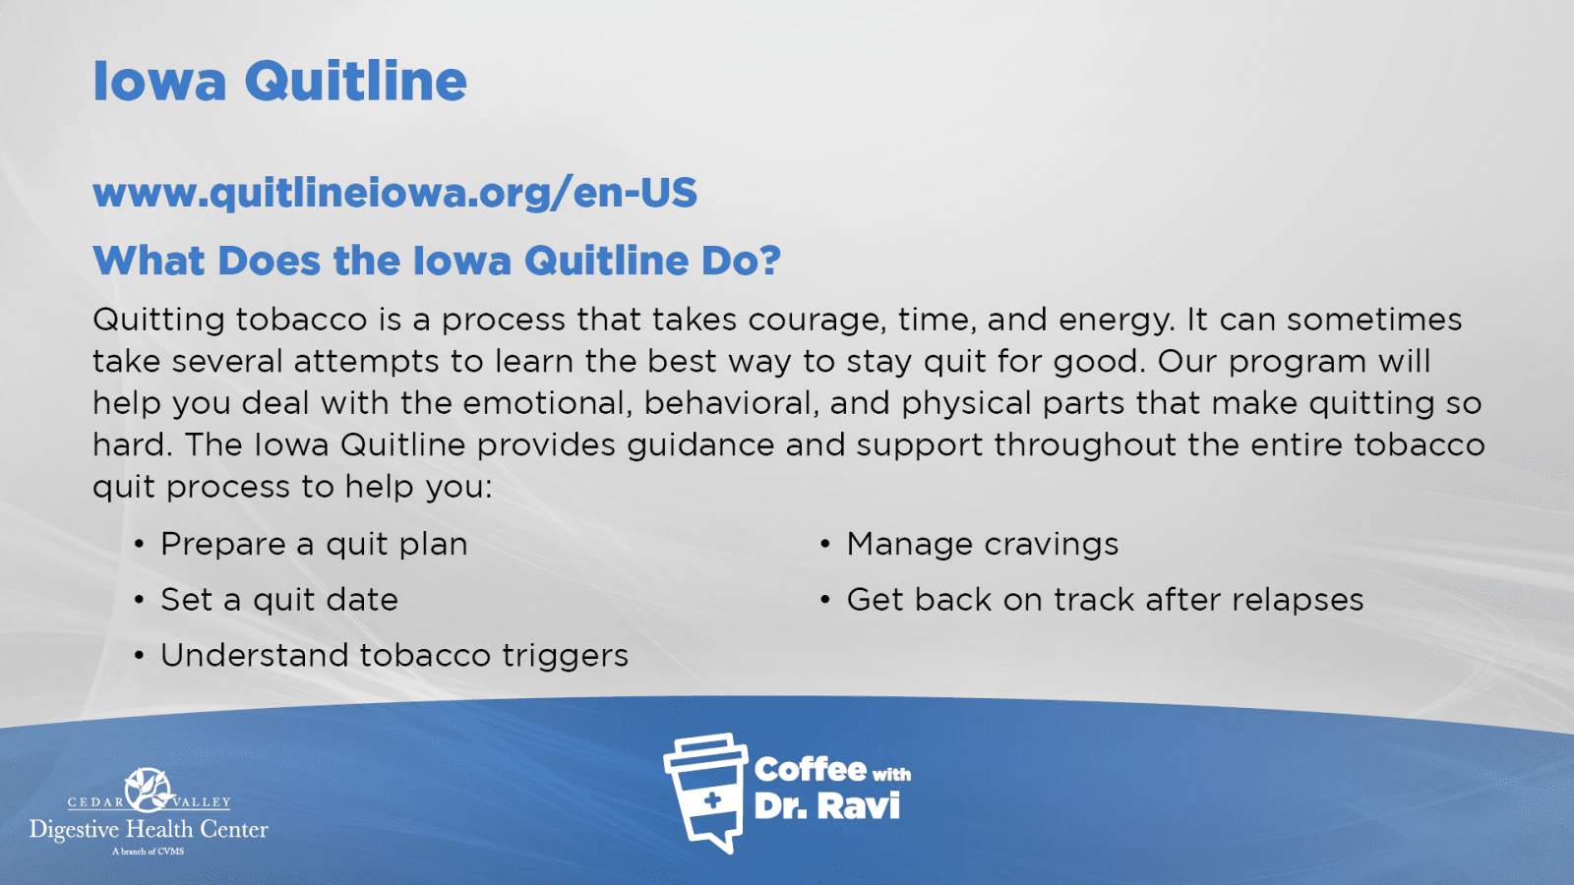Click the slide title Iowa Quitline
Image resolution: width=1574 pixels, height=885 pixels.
point(279,82)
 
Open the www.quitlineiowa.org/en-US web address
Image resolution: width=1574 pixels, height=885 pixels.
point(394,193)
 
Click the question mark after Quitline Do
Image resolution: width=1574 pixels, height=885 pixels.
point(769,260)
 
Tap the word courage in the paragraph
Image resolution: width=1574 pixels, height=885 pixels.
point(813,321)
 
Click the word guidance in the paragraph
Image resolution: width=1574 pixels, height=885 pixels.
point(700,445)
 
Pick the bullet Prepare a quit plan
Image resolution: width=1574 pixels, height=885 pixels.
point(314,545)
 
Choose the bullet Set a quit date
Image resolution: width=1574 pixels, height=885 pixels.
point(279,600)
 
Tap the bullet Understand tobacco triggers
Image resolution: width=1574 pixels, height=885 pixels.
point(394,656)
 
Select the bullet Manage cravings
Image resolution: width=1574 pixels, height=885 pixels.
point(983,545)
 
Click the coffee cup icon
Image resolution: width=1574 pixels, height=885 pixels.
point(706,793)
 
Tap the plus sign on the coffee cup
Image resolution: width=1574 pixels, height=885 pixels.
point(712,800)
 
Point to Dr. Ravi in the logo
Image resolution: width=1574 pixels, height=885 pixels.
point(827,806)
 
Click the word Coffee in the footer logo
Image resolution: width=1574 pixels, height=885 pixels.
point(811,770)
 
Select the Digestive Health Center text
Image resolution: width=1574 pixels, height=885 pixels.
point(149,830)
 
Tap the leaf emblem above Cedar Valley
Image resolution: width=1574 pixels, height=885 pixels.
point(148,790)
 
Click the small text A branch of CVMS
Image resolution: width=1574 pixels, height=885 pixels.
point(149,852)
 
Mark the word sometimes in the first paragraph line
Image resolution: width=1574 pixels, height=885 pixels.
point(1374,320)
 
